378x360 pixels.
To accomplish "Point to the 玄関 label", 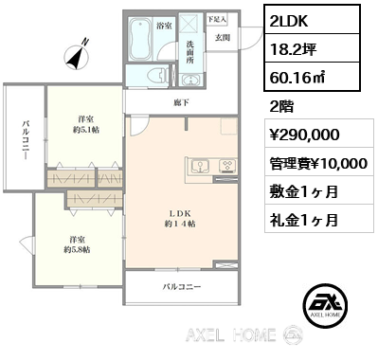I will coord(222,37).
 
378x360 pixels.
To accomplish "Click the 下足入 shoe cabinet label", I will coord(216,18).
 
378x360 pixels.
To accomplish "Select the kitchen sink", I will coord(202,167).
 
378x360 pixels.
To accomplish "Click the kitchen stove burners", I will coord(227,167).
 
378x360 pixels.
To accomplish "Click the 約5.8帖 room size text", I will coord(77,250).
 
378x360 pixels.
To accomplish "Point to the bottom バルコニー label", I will coord(180,285).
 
